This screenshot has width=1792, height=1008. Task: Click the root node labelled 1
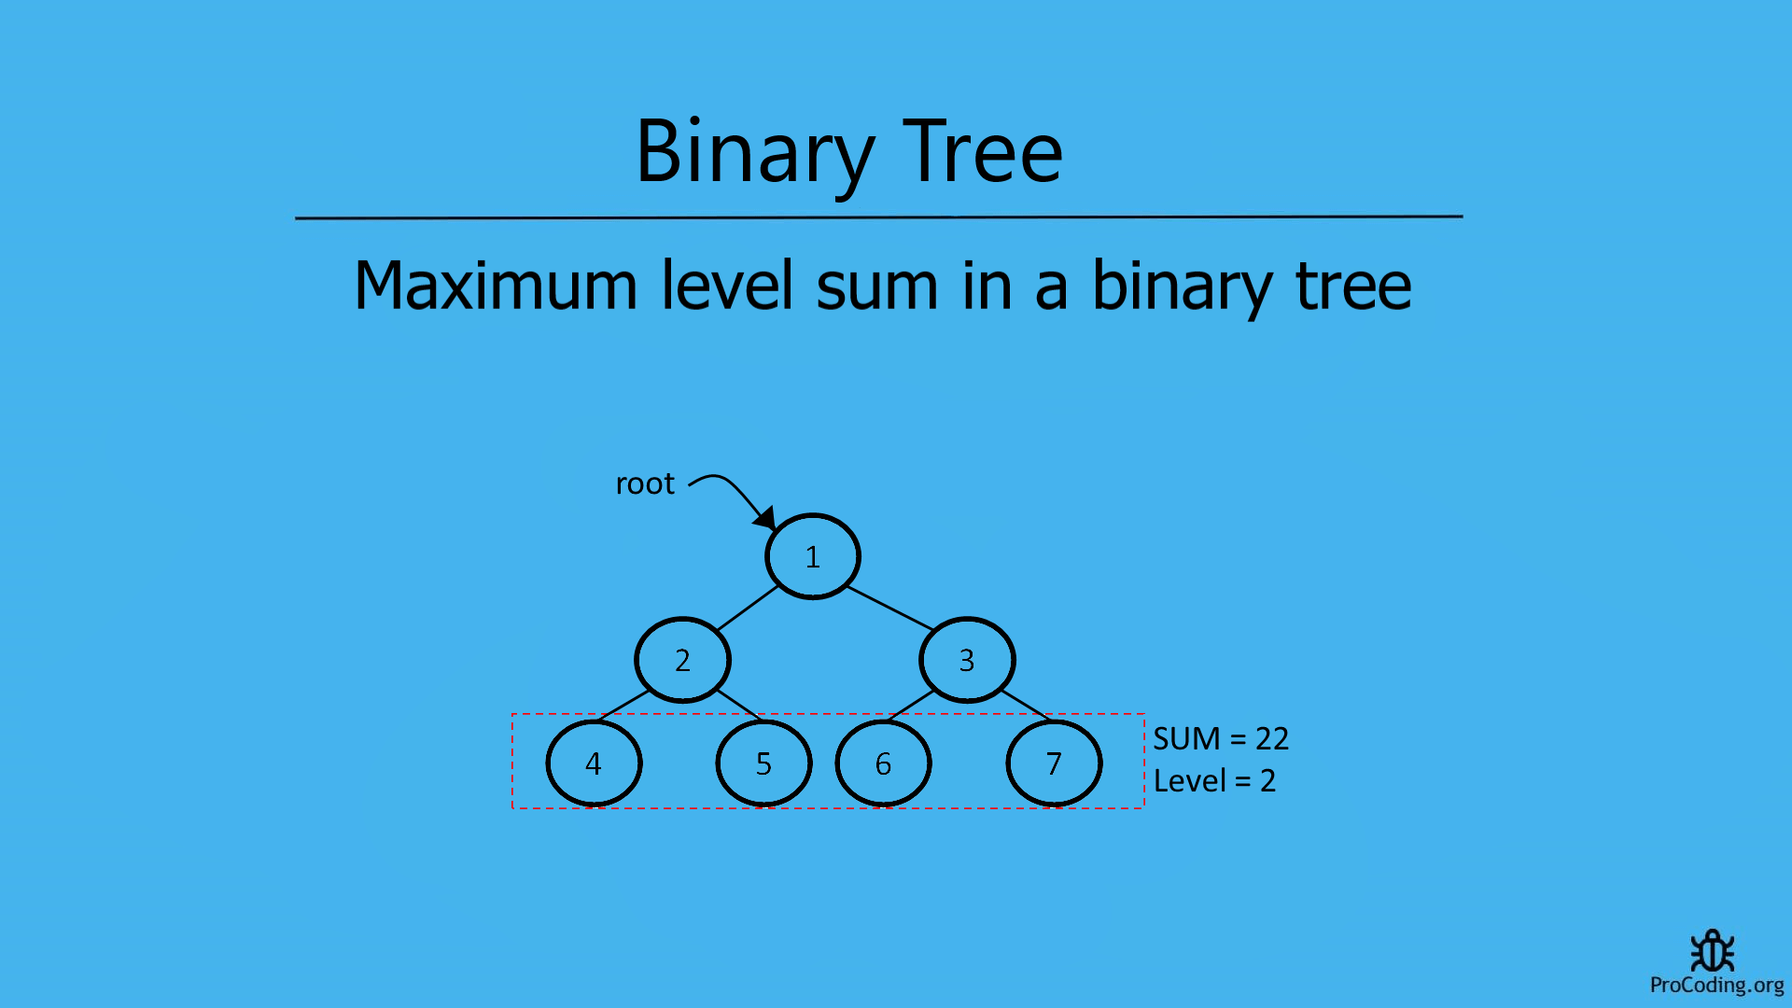(x=812, y=556)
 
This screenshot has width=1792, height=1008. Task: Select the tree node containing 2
(x=682, y=660)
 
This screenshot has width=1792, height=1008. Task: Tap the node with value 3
(x=967, y=660)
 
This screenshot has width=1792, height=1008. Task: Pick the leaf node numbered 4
(x=594, y=763)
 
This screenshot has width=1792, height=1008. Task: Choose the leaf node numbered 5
(x=763, y=763)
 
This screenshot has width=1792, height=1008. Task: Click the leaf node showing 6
(x=883, y=763)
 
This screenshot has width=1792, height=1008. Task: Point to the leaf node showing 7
(x=1054, y=763)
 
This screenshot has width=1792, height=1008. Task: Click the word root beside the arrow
(x=644, y=483)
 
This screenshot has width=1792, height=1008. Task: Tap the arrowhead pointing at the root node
(x=766, y=518)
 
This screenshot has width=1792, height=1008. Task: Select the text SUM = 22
(x=1221, y=738)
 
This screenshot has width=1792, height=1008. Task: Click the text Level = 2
(x=1214, y=780)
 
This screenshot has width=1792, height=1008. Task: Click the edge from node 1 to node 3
(x=890, y=608)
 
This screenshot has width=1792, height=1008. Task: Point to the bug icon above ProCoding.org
(x=1713, y=951)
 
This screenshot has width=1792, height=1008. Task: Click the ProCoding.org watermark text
(x=1716, y=985)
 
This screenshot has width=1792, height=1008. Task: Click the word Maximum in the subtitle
(x=496, y=286)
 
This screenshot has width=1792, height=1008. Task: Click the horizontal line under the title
(x=878, y=217)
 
